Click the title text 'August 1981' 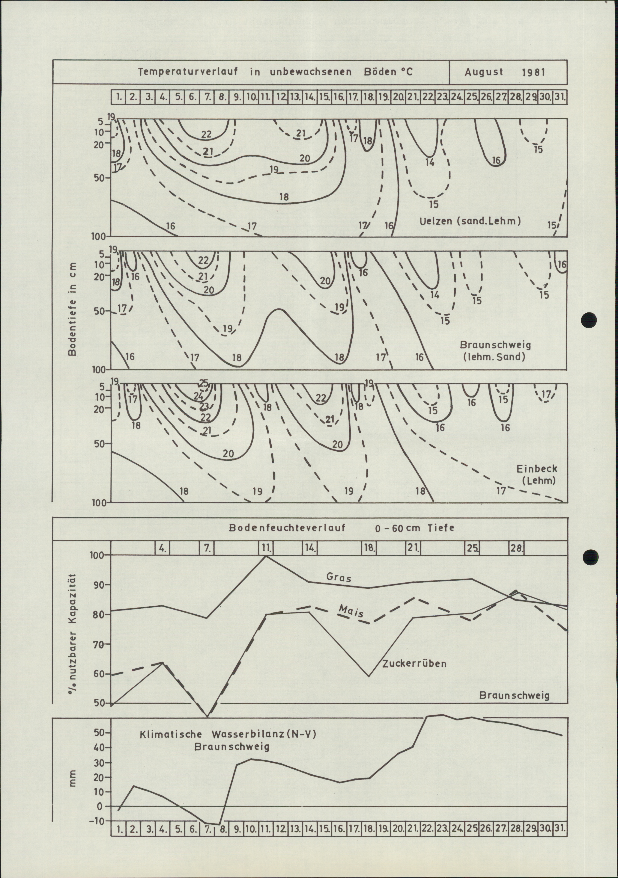pyautogui.click(x=504, y=72)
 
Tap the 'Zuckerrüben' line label pyautogui.click(x=414, y=663)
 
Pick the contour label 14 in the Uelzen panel pyautogui.click(x=430, y=162)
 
